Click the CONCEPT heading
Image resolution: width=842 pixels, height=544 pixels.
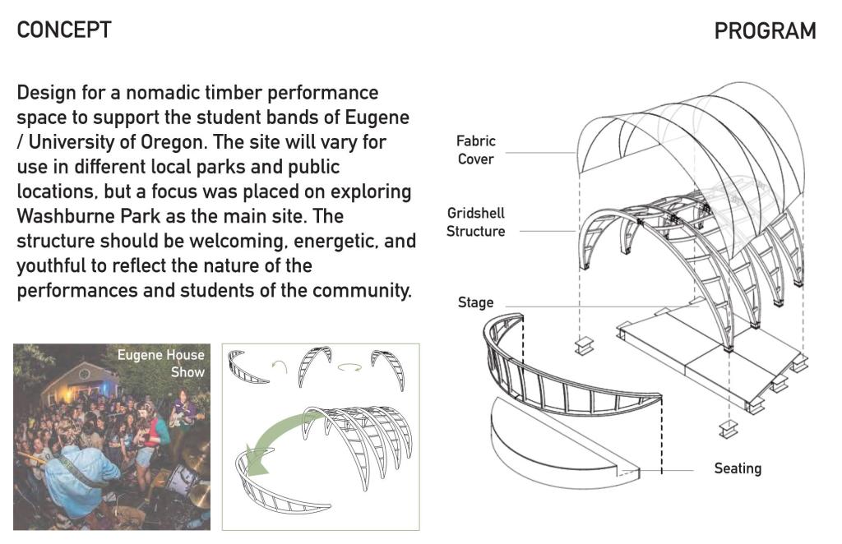pos(64,30)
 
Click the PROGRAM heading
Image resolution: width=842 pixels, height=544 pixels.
pos(766,30)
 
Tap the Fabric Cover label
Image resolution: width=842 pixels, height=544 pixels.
pos(476,150)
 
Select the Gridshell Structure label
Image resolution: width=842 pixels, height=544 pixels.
pos(476,222)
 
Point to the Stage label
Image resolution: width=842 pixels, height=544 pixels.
pos(476,302)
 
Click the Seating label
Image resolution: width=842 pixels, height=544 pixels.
pos(738,468)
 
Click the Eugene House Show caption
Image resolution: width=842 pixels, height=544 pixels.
pos(161,363)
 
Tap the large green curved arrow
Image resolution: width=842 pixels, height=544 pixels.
pos(280,437)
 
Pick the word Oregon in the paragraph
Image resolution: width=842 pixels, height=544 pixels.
pos(172,142)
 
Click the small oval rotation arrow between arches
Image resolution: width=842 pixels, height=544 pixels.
pos(349,367)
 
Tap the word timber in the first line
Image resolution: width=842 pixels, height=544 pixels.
pos(238,93)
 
